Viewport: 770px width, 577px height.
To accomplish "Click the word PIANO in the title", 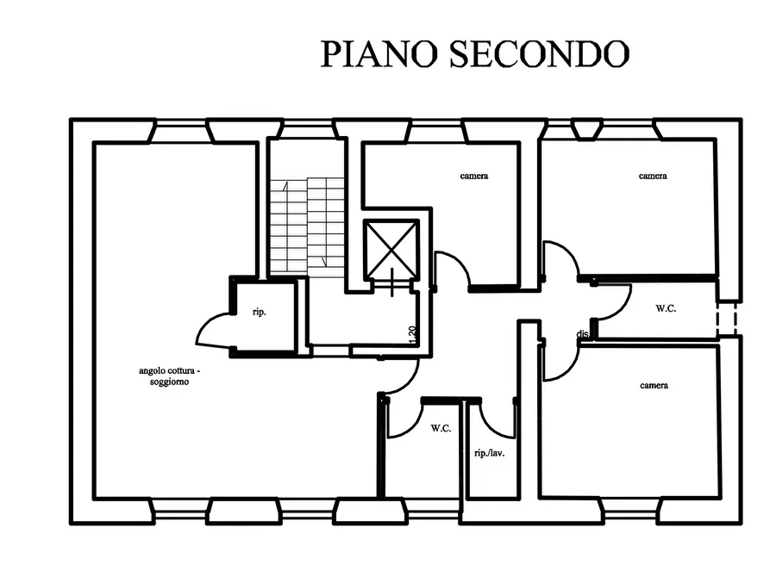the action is pyautogui.click(x=379, y=53).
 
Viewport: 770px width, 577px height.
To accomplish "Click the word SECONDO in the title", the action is pyautogui.click(x=539, y=53).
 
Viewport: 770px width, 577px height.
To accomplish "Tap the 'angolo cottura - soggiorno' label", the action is pyautogui.click(x=169, y=375).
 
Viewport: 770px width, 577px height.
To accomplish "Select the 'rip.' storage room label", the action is pyautogui.click(x=260, y=312).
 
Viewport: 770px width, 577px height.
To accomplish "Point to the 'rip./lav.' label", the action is pyautogui.click(x=490, y=453).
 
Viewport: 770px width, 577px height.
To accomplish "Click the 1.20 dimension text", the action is pyautogui.click(x=412, y=335).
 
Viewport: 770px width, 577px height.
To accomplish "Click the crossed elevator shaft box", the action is pyautogui.click(x=391, y=251).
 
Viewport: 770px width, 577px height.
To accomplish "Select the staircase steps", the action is pyautogui.click(x=307, y=226).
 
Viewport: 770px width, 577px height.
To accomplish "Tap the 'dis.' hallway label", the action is pyautogui.click(x=583, y=334).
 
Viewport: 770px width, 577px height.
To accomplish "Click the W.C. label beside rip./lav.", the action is pyautogui.click(x=441, y=428).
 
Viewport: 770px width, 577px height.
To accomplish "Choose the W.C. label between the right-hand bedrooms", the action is pyautogui.click(x=666, y=308).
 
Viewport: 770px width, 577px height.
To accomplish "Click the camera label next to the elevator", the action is pyautogui.click(x=474, y=176).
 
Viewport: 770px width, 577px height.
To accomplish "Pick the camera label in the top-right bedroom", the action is pyautogui.click(x=653, y=176).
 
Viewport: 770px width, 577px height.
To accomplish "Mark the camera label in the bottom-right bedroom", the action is pyautogui.click(x=654, y=386).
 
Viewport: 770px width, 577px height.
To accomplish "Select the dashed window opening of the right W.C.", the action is pyautogui.click(x=727, y=319).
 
